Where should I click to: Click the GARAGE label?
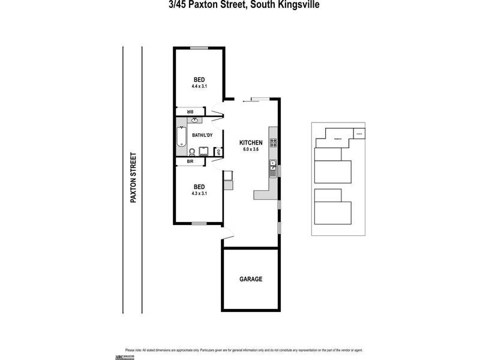(251, 279)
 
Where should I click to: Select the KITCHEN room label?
(251, 142)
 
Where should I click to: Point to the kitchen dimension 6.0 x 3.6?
(251, 149)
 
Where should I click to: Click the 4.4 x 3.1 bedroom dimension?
(199, 87)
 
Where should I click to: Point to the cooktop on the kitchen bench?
(273, 142)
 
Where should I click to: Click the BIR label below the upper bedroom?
(190, 111)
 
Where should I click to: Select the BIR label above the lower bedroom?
(190, 161)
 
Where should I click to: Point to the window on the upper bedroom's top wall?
(199, 48)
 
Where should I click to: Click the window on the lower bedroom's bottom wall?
(199, 223)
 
